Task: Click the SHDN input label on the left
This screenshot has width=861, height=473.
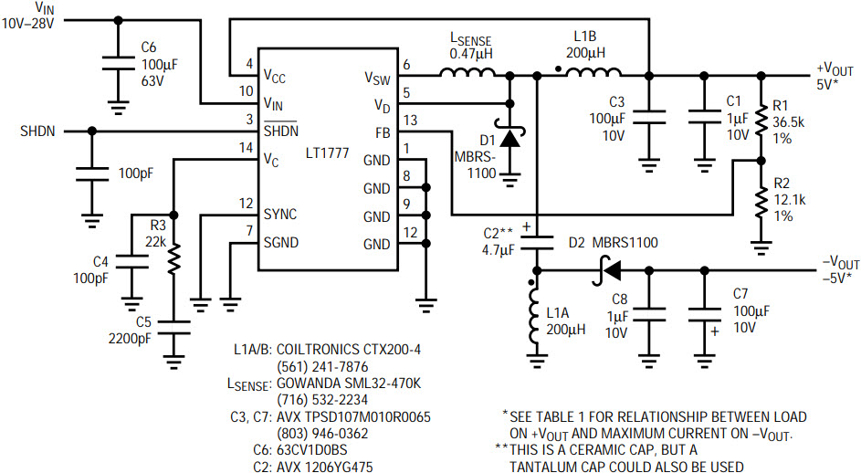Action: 37,131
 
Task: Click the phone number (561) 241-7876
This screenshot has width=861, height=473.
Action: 313,367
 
